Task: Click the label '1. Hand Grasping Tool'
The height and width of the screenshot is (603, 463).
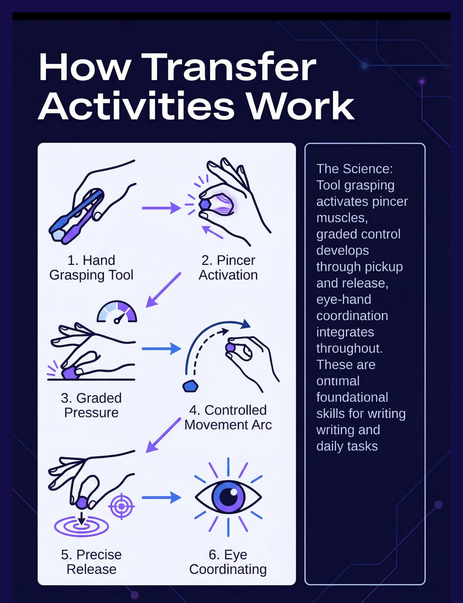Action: (x=91, y=267)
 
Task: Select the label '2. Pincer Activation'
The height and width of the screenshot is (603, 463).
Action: (x=228, y=267)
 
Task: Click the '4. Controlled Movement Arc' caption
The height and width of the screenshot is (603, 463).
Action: (x=228, y=417)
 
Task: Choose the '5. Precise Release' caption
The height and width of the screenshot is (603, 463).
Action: (x=91, y=562)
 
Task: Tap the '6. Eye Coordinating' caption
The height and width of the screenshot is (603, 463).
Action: (x=228, y=562)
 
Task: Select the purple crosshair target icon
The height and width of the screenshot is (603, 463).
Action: (x=121, y=506)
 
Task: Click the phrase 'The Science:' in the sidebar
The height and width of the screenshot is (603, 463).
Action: (x=354, y=169)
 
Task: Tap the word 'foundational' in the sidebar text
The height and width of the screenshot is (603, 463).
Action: (x=352, y=397)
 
